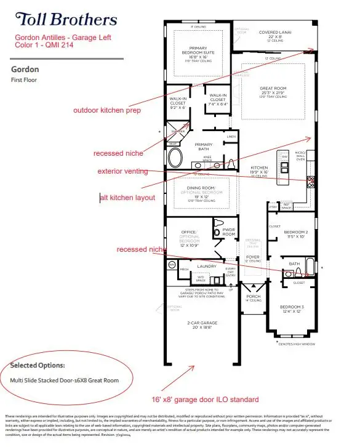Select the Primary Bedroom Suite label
197,51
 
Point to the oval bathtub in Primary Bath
175,158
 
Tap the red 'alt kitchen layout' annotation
127,198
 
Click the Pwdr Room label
228,232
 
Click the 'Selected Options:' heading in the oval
38,366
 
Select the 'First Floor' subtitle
23,80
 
